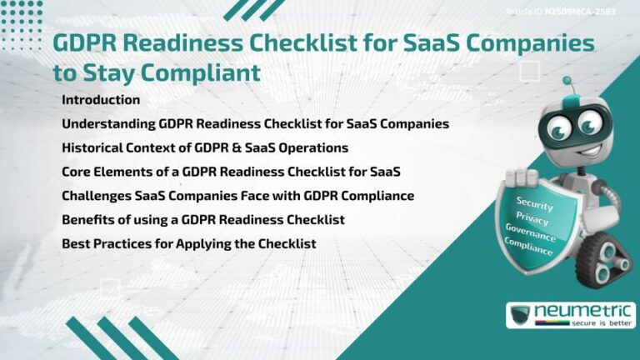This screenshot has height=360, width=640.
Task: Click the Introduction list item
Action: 101,100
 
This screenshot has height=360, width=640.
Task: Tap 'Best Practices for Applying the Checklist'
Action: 188,244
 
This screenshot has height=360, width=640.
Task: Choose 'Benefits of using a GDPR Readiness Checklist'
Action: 203,220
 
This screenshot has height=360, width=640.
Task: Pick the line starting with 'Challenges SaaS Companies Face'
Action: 237,196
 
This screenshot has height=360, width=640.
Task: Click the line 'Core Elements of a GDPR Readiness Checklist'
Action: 231,172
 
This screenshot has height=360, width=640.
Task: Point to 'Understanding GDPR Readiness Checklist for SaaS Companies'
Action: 255,124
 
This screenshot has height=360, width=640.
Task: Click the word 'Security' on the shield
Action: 535,202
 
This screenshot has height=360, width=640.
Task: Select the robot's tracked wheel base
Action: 602,253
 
